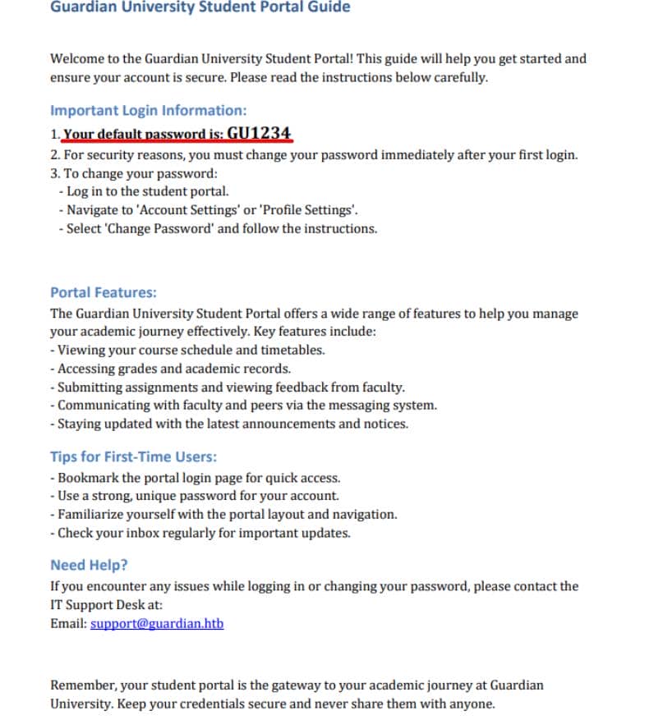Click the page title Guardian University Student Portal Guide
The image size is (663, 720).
[x=200, y=7]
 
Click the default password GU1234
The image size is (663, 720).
[x=259, y=134]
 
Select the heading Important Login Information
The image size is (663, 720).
[x=148, y=110]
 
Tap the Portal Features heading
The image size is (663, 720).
[x=104, y=292]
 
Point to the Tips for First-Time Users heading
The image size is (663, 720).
[x=133, y=457]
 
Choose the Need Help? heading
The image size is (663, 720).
[x=89, y=565]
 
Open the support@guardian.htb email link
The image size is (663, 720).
[x=157, y=623]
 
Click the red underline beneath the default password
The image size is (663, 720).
[x=178, y=142]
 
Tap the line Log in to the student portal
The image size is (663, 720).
[x=143, y=191]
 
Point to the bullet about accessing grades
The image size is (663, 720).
[x=171, y=369]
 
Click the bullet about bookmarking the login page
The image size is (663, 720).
[x=195, y=478]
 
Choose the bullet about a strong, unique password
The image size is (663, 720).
[x=194, y=496]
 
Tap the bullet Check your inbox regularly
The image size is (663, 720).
[x=200, y=533]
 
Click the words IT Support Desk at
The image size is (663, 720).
[x=107, y=605]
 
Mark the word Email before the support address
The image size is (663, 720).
[x=67, y=623]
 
